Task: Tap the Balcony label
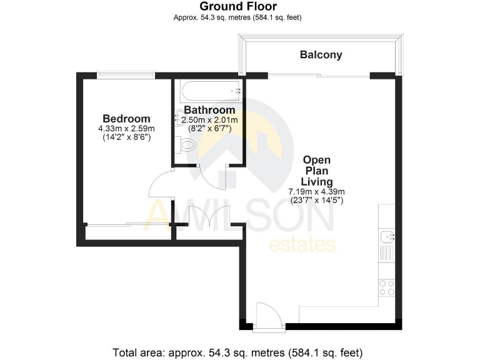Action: [321, 55]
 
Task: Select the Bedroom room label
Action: [126, 119]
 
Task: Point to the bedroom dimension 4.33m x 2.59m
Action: [126, 129]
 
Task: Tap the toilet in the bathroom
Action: [186, 146]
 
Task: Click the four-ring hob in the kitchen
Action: [387, 287]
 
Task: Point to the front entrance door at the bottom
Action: [269, 316]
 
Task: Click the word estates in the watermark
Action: [302, 244]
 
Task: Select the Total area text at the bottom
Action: [237, 351]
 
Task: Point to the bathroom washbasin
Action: [182, 119]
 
